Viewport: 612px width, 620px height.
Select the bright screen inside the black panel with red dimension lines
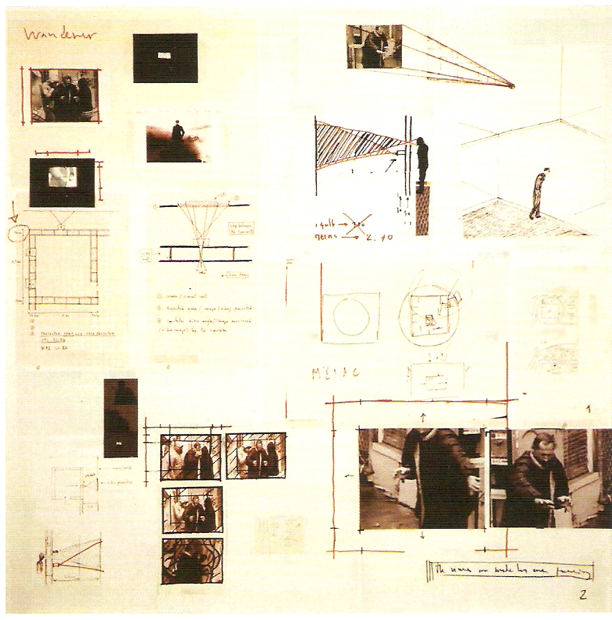pyautogui.click(x=61, y=178)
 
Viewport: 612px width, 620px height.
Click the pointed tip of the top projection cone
pyautogui.click(x=513, y=86)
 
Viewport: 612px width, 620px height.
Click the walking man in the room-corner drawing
pyautogui.click(x=538, y=194)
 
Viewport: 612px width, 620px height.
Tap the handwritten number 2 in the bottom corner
pyautogui.click(x=582, y=594)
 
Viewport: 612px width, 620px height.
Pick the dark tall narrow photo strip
pyautogui.click(x=120, y=417)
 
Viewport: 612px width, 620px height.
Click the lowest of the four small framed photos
pyautogui.click(x=192, y=560)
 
